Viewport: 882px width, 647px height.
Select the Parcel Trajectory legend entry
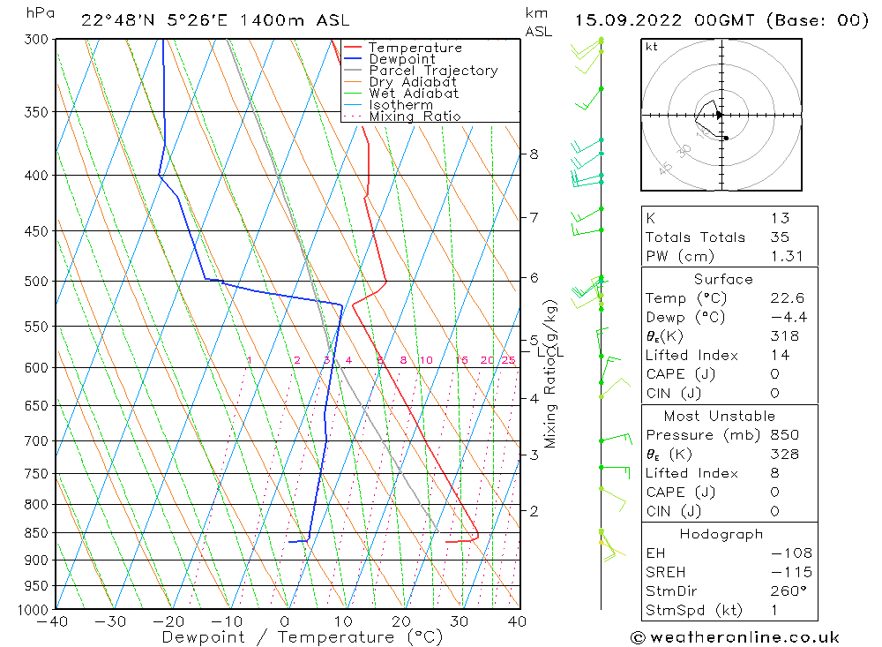(433, 71)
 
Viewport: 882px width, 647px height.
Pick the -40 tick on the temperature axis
(55, 621)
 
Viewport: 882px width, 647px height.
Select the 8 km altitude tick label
(533, 154)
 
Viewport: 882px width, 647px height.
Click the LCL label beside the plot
(549, 352)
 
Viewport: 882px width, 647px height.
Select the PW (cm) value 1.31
(780, 256)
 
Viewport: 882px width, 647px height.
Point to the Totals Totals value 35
(780, 237)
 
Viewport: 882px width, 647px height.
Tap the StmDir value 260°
(783, 591)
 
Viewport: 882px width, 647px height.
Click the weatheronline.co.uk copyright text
(735, 636)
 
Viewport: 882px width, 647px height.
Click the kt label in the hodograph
(652, 47)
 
